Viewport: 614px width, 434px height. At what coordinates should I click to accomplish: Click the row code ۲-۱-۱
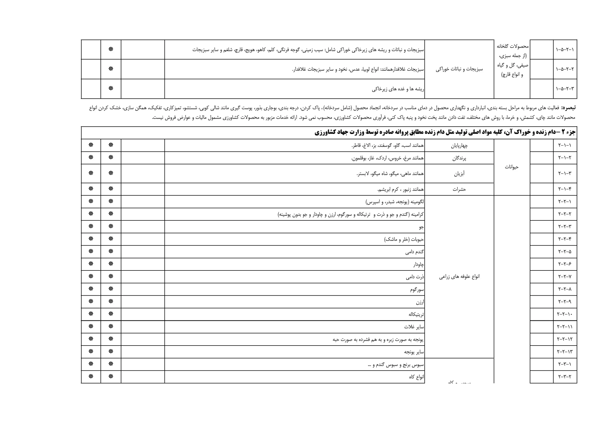click(565, 145)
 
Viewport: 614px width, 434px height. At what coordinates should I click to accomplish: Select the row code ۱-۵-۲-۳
click(565, 88)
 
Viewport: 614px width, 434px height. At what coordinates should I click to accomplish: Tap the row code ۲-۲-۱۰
click(565, 314)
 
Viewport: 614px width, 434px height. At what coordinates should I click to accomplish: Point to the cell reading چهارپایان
click(459, 146)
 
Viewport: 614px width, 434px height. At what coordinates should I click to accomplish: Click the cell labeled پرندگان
click(459, 158)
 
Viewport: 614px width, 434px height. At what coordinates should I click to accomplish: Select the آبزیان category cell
click(459, 174)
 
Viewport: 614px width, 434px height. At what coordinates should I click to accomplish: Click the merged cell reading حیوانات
click(512, 167)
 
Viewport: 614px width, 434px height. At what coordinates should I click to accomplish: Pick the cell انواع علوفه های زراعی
click(459, 277)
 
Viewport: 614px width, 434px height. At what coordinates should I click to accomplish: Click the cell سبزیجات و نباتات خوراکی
click(459, 69)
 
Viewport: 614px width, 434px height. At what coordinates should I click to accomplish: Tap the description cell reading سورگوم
click(417, 289)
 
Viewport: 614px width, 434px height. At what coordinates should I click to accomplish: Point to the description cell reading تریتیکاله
click(416, 314)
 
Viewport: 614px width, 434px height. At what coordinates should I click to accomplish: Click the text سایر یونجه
click(414, 352)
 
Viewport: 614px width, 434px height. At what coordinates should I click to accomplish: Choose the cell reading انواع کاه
click(416, 377)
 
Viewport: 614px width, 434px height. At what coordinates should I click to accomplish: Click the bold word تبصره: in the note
click(568, 108)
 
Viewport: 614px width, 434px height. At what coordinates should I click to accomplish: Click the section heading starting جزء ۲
click(445, 132)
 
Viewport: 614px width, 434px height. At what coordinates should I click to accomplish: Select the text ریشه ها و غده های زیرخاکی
click(398, 89)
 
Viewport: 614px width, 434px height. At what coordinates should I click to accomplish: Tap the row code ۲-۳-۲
click(565, 376)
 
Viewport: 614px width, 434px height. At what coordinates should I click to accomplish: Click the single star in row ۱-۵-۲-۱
click(111, 49)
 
